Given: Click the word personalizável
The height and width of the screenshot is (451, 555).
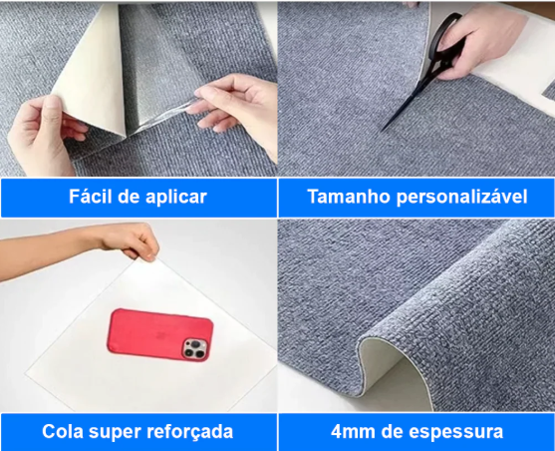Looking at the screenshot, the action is pos(462,198).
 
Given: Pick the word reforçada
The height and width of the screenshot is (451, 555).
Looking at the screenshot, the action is pos(189,432).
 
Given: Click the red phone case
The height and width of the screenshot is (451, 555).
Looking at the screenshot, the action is pos(160,334).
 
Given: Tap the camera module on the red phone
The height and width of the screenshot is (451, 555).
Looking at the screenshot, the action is pos(195,348).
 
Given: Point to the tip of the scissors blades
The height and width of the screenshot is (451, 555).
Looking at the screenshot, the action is pos(382,130).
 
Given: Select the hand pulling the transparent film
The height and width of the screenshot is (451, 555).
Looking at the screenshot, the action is pos(233,107).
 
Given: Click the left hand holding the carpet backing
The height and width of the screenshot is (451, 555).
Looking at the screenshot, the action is pos(44,135).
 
